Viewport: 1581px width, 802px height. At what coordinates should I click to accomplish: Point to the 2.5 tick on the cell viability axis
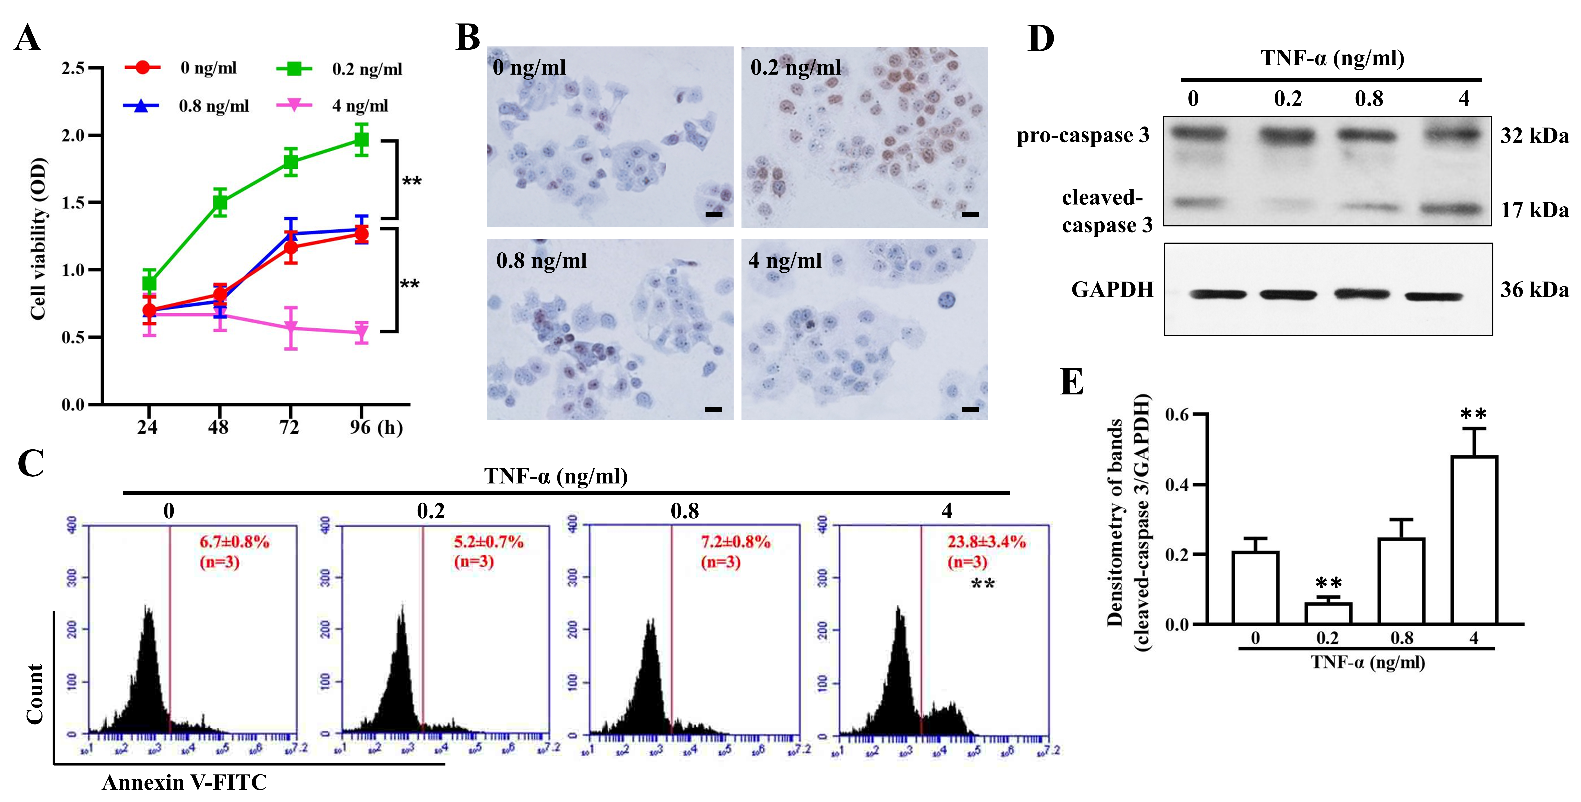pyautogui.click(x=74, y=68)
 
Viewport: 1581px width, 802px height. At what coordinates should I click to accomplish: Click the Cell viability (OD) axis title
pyautogui.click(x=38, y=240)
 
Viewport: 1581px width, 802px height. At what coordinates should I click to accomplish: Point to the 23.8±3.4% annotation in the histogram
pyautogui.click(x=986, y=542)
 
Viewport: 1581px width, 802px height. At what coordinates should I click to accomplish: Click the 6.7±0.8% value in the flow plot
pyautogui.click(x=234, y=542)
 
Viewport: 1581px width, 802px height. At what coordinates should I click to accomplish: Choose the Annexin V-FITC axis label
pyautogui.click(x=184, y=782)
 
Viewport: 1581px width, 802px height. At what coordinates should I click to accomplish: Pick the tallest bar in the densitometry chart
pyautogui.click(x=1474, y=540)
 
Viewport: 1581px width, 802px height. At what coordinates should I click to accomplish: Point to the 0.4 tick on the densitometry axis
pyautogui.click(x=1177, y=485)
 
